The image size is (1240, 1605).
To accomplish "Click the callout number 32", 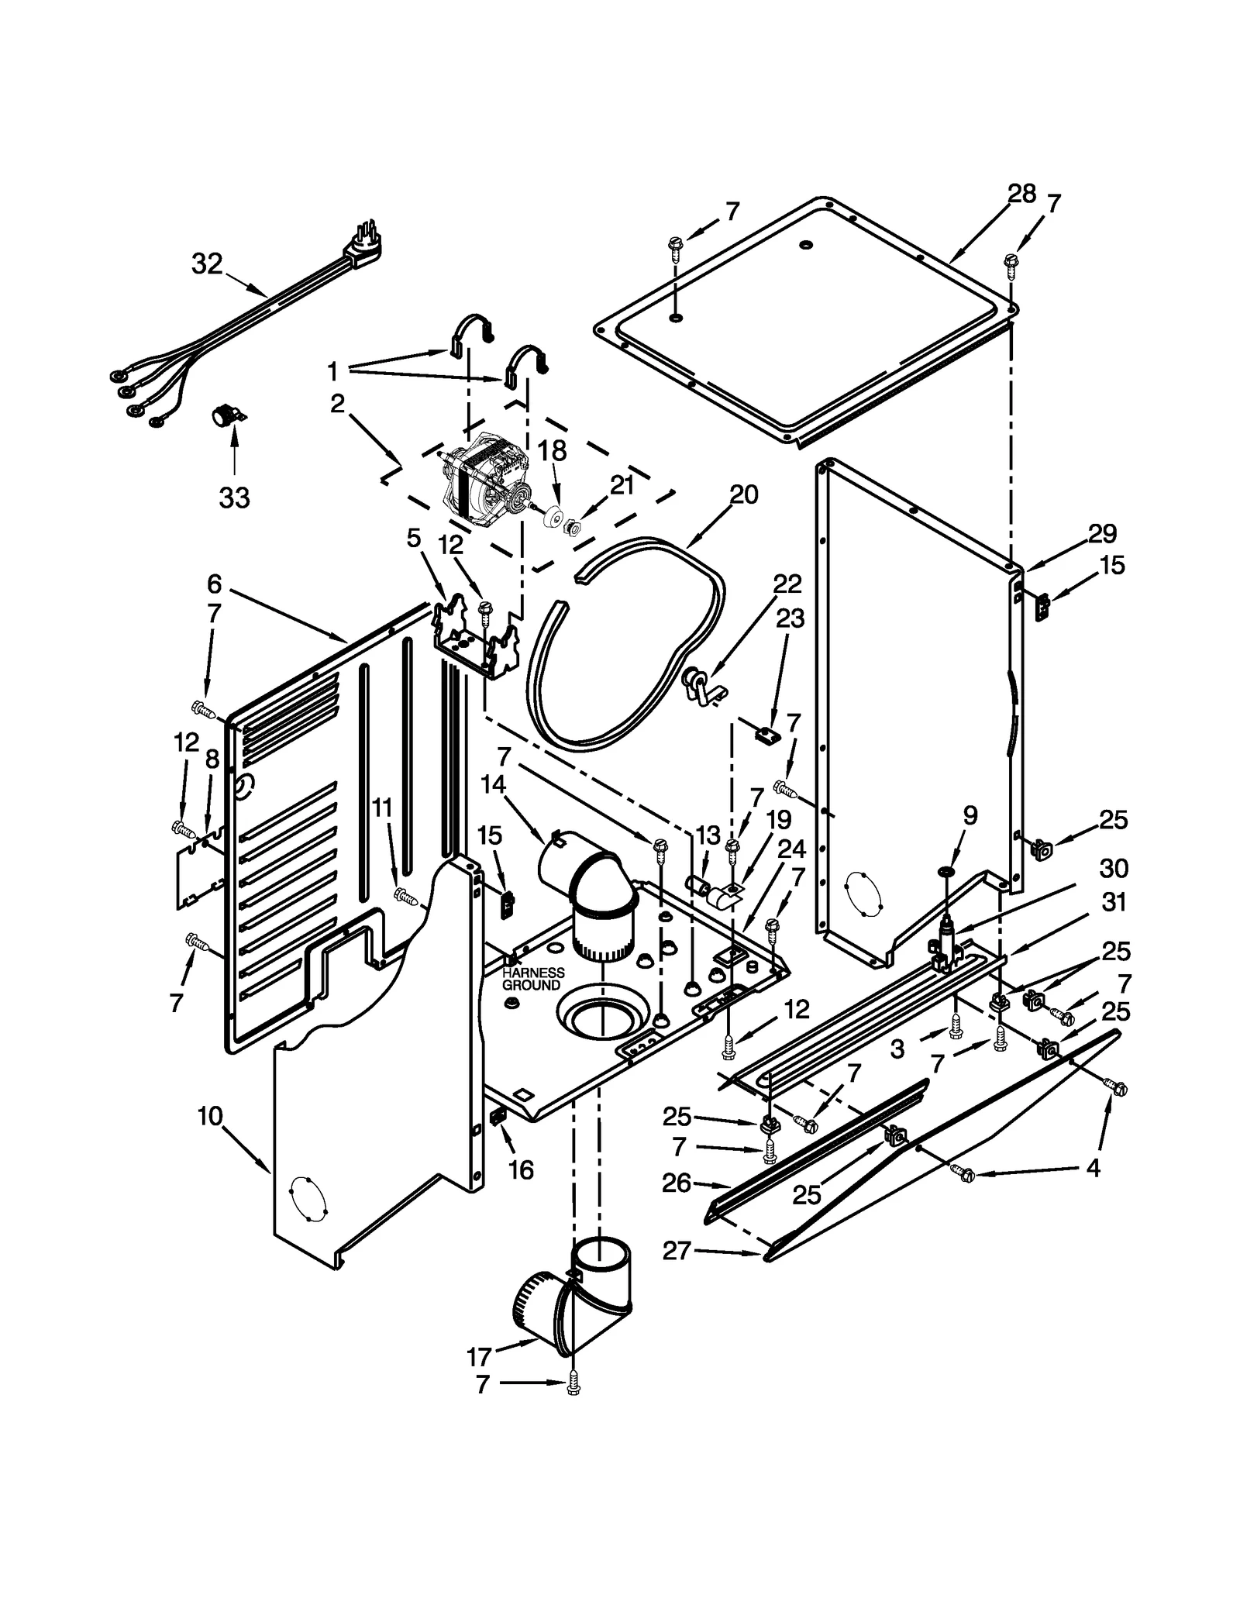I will pos(207,264).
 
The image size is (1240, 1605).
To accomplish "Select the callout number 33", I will pos(234,498).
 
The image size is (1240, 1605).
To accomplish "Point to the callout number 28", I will pos(1021,194).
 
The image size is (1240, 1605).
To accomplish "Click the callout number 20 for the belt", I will pos(743,494).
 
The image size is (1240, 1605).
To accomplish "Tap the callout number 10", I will pos(210,1116).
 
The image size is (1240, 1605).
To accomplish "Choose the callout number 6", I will pos(215,584).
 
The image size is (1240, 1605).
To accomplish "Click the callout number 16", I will pos(521,1169).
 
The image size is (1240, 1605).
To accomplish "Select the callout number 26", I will pos(676,1183).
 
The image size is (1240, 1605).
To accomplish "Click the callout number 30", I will pos(1114,868).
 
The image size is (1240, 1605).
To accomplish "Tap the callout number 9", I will pos(970,815).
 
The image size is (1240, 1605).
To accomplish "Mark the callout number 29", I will pos(1102,533).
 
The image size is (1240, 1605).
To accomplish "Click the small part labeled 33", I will pos(227,416).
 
